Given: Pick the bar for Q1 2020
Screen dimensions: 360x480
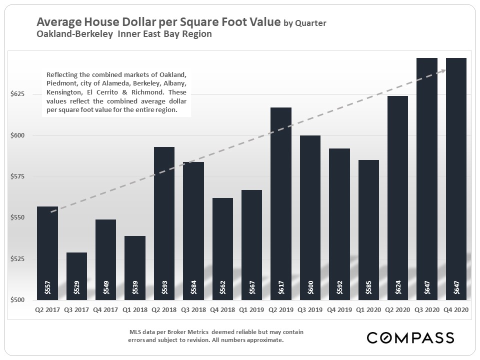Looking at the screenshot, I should [x=368, y=229].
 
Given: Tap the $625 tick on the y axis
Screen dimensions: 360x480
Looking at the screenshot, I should [x=17, y=94].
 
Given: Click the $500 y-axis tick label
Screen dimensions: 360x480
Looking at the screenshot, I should [x=17, y=300].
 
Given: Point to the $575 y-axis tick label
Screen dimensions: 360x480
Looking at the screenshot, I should [x=17, y=176].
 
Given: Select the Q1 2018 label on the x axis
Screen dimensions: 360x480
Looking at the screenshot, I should [x=135, y=310].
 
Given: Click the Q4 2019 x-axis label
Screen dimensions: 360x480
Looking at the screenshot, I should [x=339, y=310].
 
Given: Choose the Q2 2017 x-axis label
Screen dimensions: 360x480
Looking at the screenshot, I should [x=47, y=310].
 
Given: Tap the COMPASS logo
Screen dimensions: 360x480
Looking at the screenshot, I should [x=410, y=337].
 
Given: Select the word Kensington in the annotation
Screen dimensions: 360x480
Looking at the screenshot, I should [x=64, y=92].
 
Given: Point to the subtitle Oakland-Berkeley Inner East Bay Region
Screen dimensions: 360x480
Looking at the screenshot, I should [x=124, y=34].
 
